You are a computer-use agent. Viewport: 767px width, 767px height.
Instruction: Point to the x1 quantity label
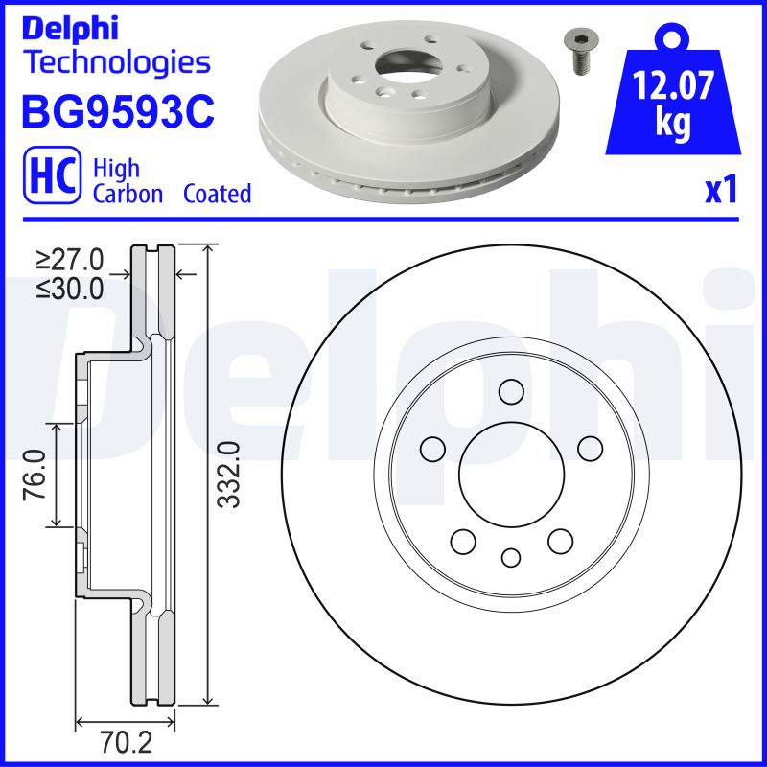(721, 190)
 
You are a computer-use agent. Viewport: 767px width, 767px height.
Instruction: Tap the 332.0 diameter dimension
(227, 475)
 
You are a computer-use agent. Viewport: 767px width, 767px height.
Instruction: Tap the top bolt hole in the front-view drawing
(511, 392)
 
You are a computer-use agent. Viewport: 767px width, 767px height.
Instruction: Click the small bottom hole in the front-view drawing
(511, 557)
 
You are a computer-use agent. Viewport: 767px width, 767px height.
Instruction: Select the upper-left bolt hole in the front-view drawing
(433, 448)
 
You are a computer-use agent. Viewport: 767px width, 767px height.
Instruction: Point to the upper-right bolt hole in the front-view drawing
(590, 448)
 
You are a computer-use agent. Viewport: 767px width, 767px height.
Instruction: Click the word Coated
(217, 194)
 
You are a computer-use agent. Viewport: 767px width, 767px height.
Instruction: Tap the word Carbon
(128, 194)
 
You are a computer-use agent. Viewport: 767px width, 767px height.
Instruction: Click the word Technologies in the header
(116, 63)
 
